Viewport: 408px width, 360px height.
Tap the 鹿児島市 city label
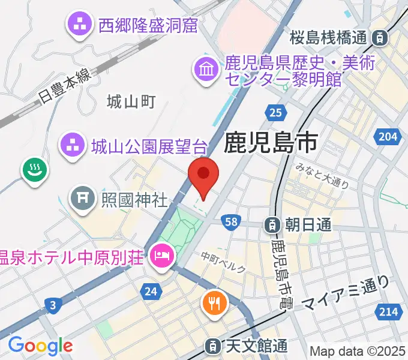271,144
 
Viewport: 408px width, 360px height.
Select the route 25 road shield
275,112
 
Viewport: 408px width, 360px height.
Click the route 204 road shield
388,137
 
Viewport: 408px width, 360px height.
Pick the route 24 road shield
151,292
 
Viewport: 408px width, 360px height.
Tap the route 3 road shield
53,306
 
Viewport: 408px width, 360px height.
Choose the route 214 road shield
388,311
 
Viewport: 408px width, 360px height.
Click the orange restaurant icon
214,302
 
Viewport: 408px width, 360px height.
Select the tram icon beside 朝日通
273,226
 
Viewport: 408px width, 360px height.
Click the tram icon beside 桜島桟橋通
379,37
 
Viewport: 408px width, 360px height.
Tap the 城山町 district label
131,102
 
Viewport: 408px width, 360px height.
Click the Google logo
40,345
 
